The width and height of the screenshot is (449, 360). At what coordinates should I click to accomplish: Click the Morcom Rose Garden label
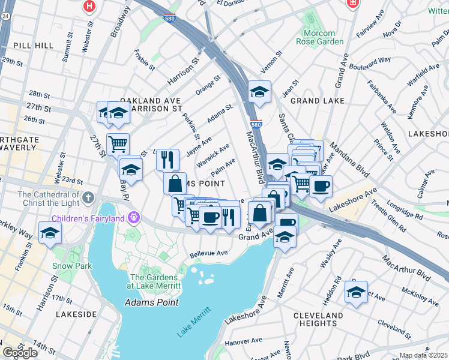[320, 37]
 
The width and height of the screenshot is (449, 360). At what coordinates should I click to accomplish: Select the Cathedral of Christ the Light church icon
[88, 197]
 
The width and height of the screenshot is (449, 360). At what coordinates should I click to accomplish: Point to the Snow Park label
[71, 266]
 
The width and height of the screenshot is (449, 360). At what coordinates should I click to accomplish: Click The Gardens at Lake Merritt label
[155, 281]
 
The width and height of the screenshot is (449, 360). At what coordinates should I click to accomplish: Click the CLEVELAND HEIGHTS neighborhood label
[319, 319]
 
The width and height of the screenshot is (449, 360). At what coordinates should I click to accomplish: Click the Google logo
[20, 352]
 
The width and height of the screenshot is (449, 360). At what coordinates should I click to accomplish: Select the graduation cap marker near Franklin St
[50, 233]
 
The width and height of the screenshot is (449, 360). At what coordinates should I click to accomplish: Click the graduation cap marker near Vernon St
[259, 91]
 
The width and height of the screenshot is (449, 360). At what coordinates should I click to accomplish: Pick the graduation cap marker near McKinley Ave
[356, 292]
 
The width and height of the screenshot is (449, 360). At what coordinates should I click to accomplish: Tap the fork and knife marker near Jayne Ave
[167, 159]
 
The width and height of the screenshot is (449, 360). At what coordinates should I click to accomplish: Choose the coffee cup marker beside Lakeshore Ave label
[321, 186]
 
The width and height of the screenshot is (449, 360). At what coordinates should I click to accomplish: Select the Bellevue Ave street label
[208, 254]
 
